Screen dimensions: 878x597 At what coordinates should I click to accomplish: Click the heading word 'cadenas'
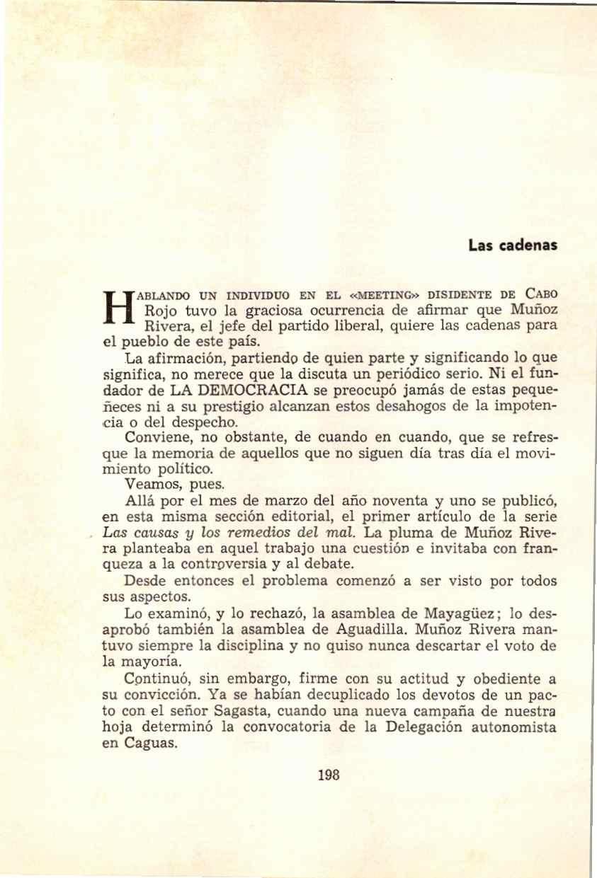531,246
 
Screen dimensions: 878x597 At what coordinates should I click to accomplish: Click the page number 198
330,795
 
